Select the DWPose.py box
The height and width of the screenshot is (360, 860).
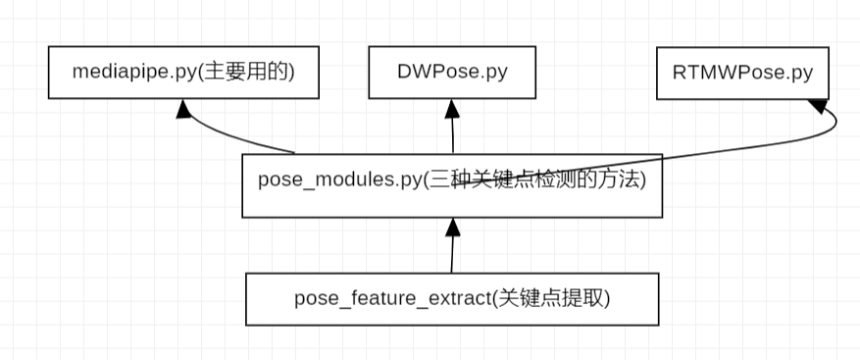click(452, 73)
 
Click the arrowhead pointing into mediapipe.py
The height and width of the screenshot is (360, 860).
click(183, 108)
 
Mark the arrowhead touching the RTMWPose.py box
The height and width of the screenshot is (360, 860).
click(816, 105)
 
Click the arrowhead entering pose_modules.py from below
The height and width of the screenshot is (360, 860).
click(452, 228)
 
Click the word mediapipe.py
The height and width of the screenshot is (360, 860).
click(134, 72)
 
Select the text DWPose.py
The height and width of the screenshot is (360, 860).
click(452, 72)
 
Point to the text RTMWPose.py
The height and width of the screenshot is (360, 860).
click(743, 72)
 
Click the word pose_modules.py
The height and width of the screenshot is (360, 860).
click(338, 180)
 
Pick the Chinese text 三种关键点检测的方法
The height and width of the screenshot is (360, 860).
click(534, 180)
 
